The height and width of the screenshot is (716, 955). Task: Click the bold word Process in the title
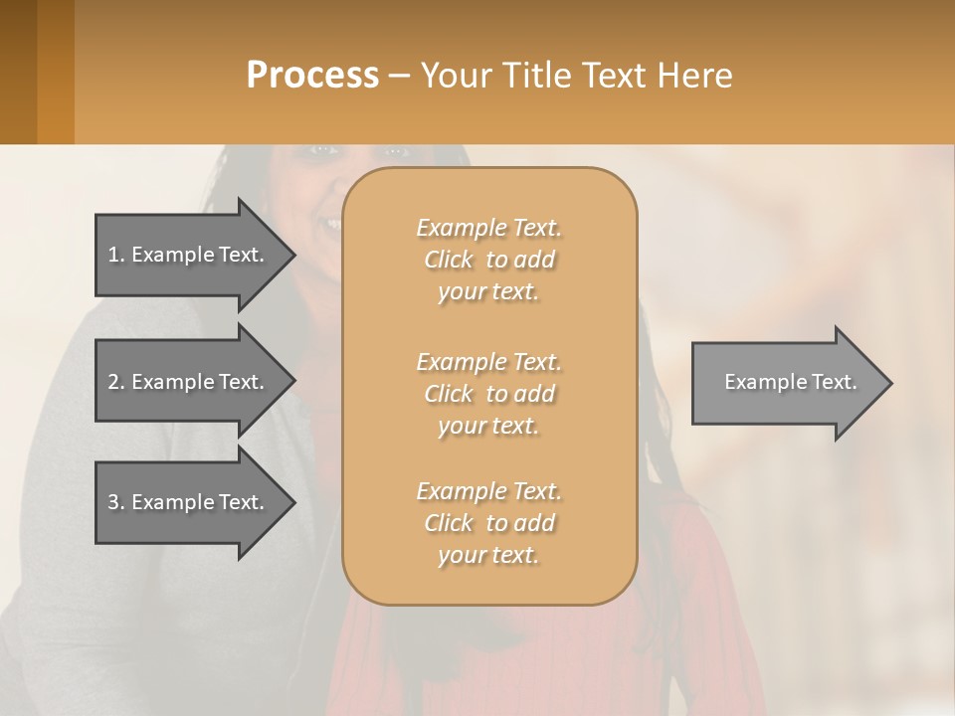(312, 76)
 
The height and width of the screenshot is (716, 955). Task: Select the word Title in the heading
(536, 76)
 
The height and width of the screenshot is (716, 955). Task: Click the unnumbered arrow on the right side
(786, 382)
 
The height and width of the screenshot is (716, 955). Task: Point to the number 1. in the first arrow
(116, 255)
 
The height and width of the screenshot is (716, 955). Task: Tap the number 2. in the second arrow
(116, 382)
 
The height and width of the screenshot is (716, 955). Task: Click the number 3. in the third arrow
(116, 502)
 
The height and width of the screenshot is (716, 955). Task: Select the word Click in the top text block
(449, 260)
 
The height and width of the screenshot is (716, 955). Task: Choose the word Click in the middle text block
(449, 394)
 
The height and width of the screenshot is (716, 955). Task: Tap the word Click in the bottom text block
(449, 523)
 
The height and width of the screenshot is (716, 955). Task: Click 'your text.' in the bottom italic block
(488, 555)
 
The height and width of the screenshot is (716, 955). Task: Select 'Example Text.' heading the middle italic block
(488, 362)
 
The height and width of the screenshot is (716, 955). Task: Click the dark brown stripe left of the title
(18, 72)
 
